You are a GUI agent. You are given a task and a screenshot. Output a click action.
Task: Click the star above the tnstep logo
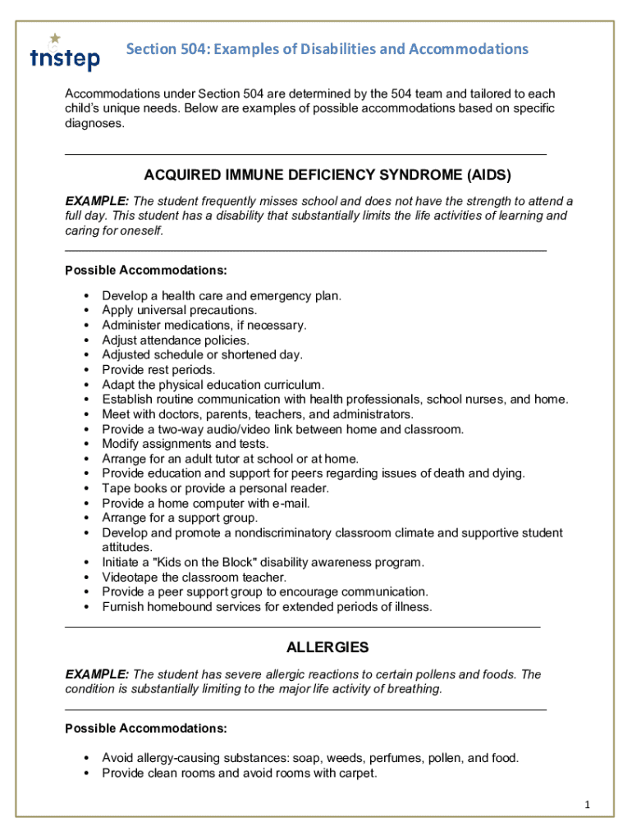point(55,38)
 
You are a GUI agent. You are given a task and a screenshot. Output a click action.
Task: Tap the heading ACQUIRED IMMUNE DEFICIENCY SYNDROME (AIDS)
point(327,175)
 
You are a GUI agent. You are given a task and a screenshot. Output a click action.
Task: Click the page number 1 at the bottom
point(588,805)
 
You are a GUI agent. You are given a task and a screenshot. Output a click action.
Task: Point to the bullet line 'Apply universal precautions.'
point(179,310)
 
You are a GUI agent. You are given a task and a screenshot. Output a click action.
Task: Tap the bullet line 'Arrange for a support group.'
point(179,518)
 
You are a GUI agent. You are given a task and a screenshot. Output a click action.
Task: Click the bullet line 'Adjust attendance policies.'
point(176,340)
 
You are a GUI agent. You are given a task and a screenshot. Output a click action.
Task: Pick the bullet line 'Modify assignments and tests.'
point(185,444)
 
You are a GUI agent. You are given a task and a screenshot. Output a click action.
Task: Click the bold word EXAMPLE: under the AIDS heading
point(97,201)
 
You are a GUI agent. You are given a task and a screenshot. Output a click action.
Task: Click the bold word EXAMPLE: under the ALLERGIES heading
point(97,674)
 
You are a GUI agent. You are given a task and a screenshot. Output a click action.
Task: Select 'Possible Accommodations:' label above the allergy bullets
point(146,728)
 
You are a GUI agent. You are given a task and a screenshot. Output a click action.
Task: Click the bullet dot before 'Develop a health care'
point(86,295)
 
